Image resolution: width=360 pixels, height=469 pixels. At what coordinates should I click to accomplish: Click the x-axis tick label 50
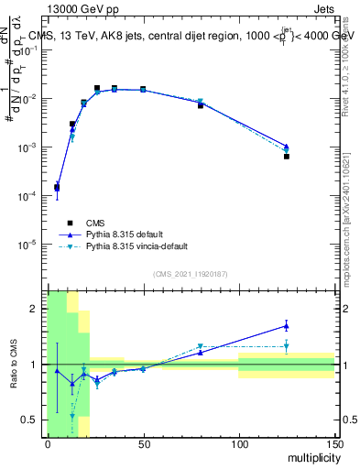click(x=143, y=443)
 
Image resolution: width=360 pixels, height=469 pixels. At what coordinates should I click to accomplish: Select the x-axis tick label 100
click(x=239, y=443)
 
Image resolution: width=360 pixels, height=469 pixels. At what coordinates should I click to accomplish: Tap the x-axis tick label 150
click(x=334, y=443)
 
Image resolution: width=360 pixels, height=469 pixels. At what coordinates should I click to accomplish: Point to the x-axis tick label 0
click(x=48, y=443)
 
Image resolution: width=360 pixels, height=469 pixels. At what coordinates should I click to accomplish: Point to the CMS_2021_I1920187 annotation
click(x=191, y=274)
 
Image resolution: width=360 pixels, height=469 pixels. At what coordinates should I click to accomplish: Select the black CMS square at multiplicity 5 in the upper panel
click(x=57, y=187)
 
